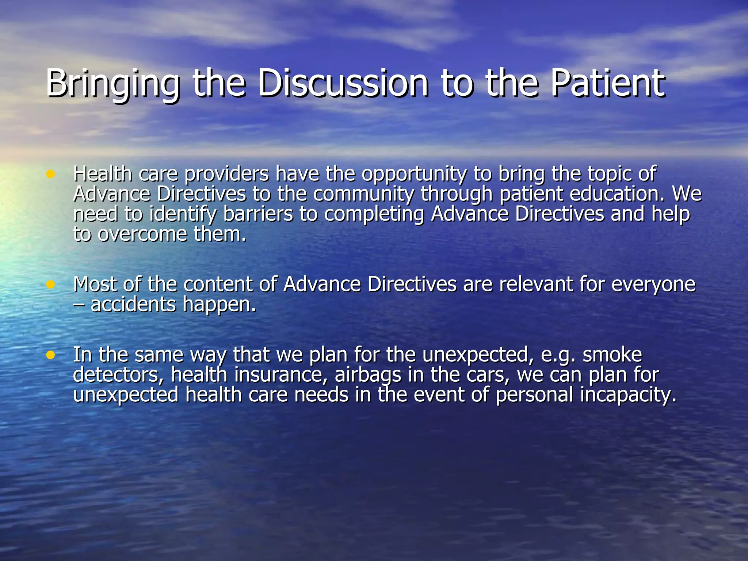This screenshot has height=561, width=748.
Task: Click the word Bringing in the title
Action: tap(112, 84)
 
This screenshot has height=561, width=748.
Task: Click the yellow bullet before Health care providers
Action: tap(51, 174)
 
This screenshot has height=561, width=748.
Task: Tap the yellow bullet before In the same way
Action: tap(51, 355)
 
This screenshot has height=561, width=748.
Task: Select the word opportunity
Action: tap(414, 175)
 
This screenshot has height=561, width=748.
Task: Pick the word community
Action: tap(364, 195)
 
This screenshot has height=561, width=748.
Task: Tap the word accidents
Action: tap(133, 304)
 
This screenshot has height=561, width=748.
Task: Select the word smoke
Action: tap(612, 355)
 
